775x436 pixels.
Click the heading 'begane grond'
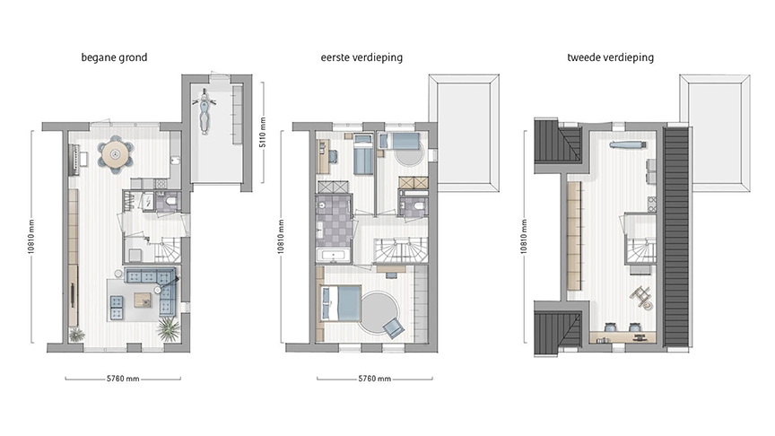pos(114,58)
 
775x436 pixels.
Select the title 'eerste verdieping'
pos(361,58)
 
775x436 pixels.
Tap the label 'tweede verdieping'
pos(611,58)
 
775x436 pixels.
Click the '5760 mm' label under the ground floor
pos(119,379)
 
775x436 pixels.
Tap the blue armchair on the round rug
pos(391,327)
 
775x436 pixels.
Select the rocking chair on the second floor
pos(641,295)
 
